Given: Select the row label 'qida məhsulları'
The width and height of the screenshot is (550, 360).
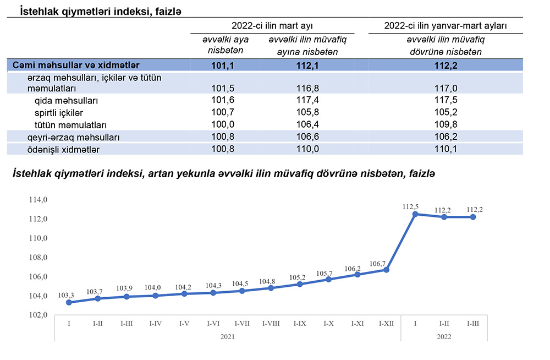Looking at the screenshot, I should pyautogui.click(x=66, y=101).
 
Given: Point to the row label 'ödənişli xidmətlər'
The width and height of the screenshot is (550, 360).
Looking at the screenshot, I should pyautogui.click(x=64, y=149).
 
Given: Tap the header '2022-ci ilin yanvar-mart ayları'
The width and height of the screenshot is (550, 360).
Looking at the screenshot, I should pyautogui.click(x=446, y=25).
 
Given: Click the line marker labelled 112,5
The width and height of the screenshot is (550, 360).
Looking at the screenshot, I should pyautogui.click(x=415, y=214).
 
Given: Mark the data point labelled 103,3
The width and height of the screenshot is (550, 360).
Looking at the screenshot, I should pyautogui.click(x=68, y=302).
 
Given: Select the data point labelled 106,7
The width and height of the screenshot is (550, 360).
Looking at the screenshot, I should pyautogui.click(x=386, y=270).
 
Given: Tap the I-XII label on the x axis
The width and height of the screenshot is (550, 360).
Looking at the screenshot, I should pyautogui.click(x=386, y=324).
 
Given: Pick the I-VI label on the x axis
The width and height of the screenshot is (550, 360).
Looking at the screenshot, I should pyautogui.click(x=213, y=324).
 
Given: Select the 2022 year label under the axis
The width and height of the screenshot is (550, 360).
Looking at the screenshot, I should pyautogui.click(x=443, y=336).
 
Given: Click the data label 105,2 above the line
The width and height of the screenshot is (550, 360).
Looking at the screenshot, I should pyautogui.click(x=299, y=277).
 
